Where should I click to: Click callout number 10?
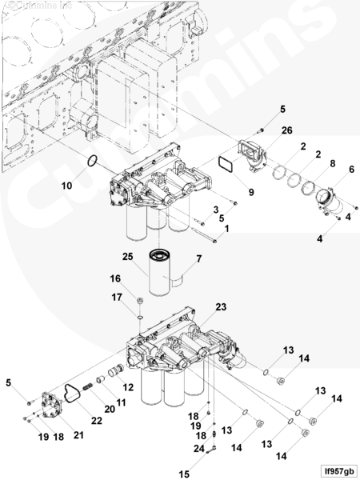68,185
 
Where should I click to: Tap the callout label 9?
250,192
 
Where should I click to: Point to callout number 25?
128,258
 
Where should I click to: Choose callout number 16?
115,279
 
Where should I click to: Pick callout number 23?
221,306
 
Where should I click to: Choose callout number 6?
350,169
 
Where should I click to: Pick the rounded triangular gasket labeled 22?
74,394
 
